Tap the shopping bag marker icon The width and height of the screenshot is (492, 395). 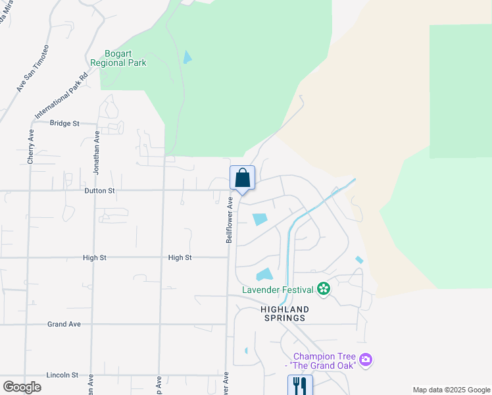tap(242, 177)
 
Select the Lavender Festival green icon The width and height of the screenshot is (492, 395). tap(323, 288)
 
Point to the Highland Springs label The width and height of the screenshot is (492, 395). tap(283, 313)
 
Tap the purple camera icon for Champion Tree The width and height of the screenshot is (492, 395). tap(366, 360)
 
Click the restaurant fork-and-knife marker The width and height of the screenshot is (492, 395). tap(300, 384)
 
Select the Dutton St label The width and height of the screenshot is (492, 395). tap(100, 190)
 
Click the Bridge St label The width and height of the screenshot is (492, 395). tap(64, 123)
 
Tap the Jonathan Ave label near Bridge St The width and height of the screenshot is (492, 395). tap(96, 152)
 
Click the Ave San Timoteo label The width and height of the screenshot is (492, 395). tap(33, 68)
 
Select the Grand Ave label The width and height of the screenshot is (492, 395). tap(64, 324)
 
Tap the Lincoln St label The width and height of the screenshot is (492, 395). tap(62, 375)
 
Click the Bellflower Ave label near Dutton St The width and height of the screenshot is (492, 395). tap(230, 220)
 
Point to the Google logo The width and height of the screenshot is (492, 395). tap(22, 386)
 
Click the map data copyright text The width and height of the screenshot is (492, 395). tap(451, 390)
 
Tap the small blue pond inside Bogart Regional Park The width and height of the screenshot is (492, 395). tap(187, 57)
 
